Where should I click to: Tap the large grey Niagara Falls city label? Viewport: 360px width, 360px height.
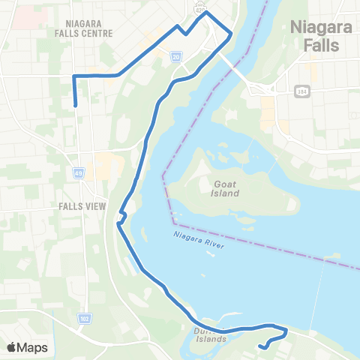[x=316, y=37]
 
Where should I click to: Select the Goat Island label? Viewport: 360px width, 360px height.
[x=225, y=187]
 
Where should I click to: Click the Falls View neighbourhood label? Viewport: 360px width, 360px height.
[x=85, y=205]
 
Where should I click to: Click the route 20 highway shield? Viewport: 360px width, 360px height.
[x=175, y=56]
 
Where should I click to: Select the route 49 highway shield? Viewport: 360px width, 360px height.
[x=79, y=172]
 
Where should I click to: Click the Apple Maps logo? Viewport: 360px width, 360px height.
[x=28, y=347]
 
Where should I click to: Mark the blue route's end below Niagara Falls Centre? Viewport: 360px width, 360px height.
[x=76, y=106]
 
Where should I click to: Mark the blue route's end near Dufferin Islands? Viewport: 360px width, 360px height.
[x=259, y=346]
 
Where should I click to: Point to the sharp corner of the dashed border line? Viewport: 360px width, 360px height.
[x=162, y=175]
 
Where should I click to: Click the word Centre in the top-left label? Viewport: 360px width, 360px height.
[x=97, y=33]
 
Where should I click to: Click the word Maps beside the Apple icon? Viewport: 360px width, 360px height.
[x=33, y=347]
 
